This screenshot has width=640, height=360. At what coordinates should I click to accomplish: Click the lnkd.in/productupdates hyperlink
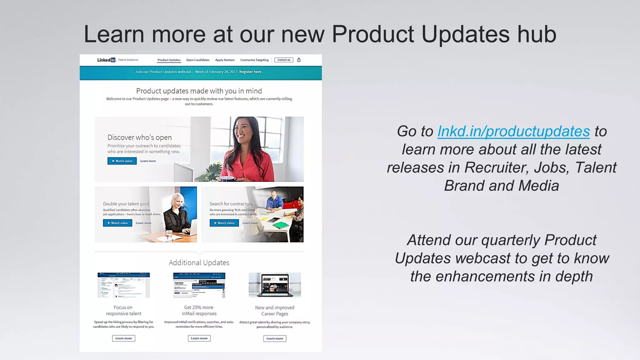click(513, 131)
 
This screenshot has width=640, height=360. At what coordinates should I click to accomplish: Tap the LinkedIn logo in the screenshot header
click(106, 60)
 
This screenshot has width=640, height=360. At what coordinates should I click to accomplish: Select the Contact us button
click(284, 60)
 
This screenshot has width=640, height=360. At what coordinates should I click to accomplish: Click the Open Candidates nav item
click(198, 60)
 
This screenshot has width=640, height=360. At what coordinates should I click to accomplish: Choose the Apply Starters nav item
click(225, 60)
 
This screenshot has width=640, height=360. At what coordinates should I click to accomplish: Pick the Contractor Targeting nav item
click(254, 60)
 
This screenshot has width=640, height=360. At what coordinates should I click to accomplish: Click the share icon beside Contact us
click(299, 60)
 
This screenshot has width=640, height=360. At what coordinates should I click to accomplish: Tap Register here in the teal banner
click(250, 72)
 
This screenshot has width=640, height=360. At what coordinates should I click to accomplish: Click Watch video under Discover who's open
click(122, 161)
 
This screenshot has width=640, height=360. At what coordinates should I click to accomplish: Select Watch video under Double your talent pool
click(117, 223)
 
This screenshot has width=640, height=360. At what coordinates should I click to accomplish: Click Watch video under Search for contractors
click(224, 223)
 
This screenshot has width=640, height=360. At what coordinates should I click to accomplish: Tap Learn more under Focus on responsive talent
click(123, 338)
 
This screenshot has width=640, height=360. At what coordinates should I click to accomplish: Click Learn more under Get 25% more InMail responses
click(199, 338)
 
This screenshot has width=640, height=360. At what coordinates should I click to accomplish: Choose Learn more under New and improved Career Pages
click(275, 338)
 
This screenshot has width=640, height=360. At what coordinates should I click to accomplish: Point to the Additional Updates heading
click(199, 262)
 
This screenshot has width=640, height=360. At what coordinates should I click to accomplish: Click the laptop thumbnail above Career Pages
click(275, 285)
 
